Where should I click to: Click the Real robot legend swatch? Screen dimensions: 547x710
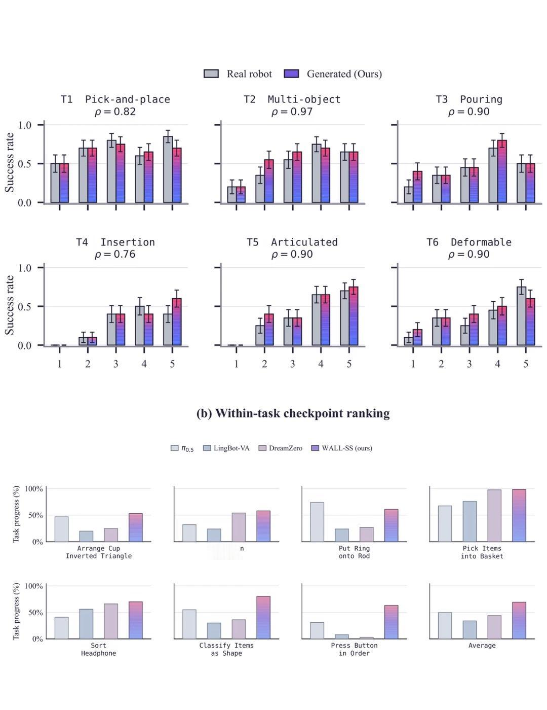(x=211, y=74)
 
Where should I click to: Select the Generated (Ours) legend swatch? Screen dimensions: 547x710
(x=291, y=74)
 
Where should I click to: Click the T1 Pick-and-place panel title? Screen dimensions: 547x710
(x=115, y=99)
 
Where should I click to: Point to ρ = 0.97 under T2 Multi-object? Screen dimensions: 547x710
(x=292, y=112)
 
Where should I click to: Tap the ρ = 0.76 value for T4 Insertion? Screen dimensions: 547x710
(x=115, y=254)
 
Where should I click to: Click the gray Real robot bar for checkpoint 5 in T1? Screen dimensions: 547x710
(x=168, y=169)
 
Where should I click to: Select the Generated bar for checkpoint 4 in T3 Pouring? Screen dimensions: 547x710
(x=502, y=171)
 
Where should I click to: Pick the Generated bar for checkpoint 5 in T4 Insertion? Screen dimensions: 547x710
(x=177, y=322)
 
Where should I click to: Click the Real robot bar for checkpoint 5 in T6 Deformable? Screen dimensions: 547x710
(x=522, y=315)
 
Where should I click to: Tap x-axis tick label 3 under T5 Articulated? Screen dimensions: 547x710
(x=293, y=364)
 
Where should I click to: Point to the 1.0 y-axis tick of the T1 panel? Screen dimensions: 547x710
(x=25, y=125)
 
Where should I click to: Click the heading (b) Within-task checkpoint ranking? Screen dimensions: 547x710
(x=293, y=413)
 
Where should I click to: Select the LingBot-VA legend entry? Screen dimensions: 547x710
(x=226, y=448)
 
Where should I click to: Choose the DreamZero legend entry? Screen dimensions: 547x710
(x=280, y=448)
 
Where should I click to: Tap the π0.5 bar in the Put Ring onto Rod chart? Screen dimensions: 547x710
(x=317, y=522)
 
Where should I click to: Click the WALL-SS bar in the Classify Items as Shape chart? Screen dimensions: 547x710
(x=263, y=618)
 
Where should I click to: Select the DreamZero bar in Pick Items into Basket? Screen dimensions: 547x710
(x=494, y=516)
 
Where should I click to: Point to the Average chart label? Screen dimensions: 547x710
(x=482, y=645)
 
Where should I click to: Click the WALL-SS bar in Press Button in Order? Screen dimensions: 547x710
(x=392, y=622)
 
